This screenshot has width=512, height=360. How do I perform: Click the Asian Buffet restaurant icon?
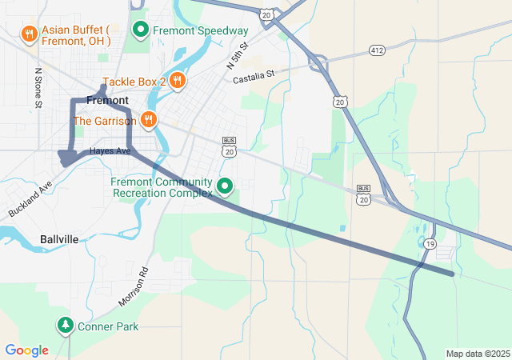[29, 33]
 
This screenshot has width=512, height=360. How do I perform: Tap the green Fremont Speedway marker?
[141, 30]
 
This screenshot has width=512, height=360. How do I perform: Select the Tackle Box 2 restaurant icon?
[177, 80]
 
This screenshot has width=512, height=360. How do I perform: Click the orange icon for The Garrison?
[148, 121]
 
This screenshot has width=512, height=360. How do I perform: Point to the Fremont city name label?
[106, 101]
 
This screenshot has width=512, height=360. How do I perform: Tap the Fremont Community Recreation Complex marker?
[226, 187]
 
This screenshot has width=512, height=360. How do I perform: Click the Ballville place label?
[59, 239]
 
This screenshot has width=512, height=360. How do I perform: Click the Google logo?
[26, 350]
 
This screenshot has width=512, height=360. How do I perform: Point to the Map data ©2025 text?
[478, 354]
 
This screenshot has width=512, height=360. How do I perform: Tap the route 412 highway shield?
[378, 50]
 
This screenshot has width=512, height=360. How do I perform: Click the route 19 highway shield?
[430, 244]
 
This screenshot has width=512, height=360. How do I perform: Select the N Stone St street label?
[38, 87]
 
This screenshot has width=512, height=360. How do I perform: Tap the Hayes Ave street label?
[110, 150]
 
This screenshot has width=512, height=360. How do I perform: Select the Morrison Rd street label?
[134, 286]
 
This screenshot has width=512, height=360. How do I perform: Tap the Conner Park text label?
[108, 326]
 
